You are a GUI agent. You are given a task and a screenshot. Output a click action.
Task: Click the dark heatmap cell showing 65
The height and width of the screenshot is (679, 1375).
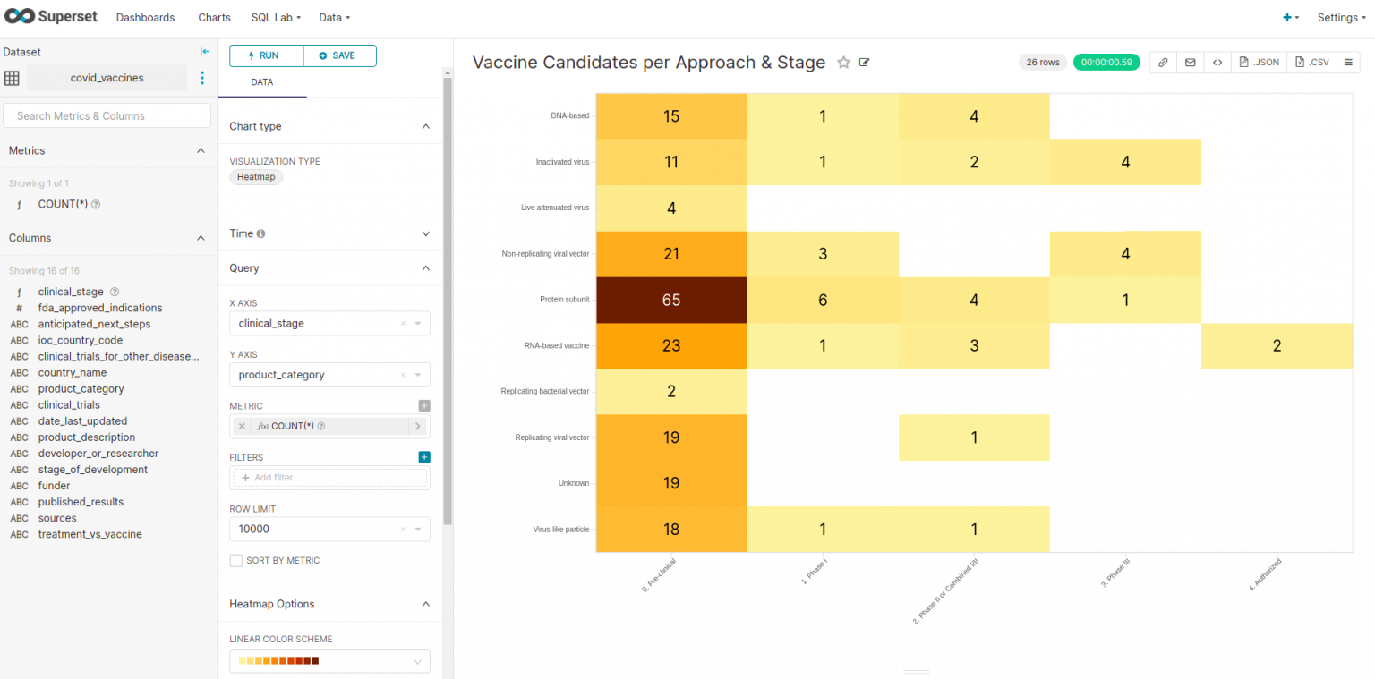(x=671, y=300)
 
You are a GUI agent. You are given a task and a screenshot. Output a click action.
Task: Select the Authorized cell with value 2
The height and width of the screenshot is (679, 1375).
(x=1277, y=346)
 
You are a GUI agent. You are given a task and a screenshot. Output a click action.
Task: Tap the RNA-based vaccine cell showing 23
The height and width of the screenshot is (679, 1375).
(x=671, y=346)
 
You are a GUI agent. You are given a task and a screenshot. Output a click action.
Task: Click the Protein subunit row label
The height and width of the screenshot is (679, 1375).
(x=564, y=300)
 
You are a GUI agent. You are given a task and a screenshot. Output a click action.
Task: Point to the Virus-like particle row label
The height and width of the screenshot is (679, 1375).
(x=561, y=530)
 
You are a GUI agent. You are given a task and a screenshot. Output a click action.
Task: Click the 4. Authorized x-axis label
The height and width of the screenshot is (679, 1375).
(x=1266, y=575)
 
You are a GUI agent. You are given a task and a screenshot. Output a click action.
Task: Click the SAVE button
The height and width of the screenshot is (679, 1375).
(x=339, y=55)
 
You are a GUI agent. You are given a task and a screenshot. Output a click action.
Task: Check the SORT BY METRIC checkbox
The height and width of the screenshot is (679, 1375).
(x=236, y=561)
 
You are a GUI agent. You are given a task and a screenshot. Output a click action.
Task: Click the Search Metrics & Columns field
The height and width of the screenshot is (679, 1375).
(x=107, y=115)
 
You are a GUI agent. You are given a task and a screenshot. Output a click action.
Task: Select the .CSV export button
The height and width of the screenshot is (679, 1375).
(x=1311, y=63)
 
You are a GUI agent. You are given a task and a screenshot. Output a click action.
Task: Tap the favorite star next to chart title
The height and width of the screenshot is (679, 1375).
(x=843, y=63)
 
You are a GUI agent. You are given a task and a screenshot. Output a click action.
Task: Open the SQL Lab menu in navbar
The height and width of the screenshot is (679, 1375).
(x=276, y=18)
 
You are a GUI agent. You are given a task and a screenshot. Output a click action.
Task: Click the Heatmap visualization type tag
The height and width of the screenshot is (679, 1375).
(x=256, y=177)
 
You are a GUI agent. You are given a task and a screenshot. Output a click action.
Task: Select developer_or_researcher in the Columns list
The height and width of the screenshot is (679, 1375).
(x=98, y=454)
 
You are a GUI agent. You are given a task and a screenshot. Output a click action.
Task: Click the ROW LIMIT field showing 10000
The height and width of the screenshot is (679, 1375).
(x=318, y=530)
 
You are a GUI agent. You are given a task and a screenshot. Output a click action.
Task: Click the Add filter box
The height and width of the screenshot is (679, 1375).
(x=329, y=478)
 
